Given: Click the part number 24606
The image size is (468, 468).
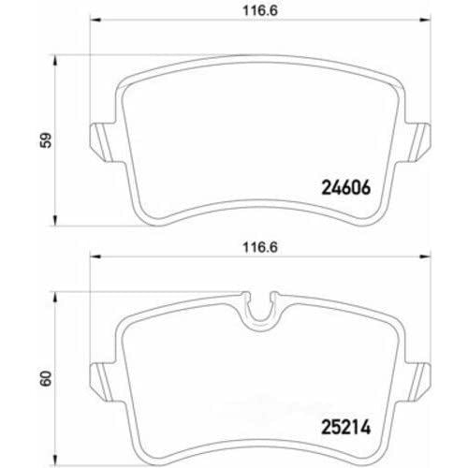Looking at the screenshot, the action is (x=346, y=187).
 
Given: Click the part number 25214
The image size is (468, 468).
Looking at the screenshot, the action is (x=346, y=427).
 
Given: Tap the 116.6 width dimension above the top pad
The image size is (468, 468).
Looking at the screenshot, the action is (x=260, y=11).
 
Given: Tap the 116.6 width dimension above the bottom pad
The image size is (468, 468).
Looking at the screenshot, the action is (x=260, y=248).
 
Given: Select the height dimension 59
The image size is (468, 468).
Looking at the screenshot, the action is (x=46, y=140).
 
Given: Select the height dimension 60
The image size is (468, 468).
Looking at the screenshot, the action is (x=46, y=378).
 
